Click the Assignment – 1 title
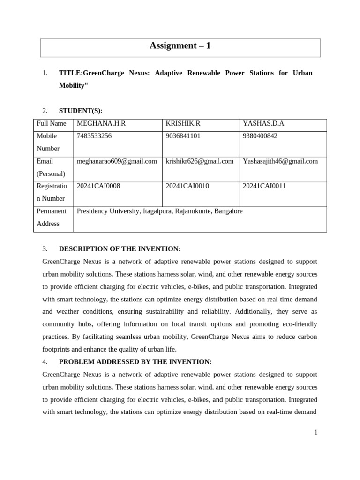pyautogui.click(x=180, y=46)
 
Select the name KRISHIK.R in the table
pyautogui.click(x=183, y=124)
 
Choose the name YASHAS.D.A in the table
pyautogui.click(x=263, y=124)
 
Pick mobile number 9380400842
pyautogui.click(x=260, y=136)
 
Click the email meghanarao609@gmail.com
pyautogui.click(x=117, y=161)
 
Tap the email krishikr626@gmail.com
pyautogui.click(x=200, y=161)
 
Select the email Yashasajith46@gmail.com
pyautogui.click(x=280, y=161)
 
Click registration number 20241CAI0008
pyautogui.click(x=98, y=186)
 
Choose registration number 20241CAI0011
pyautogui.click(x=264, y=186)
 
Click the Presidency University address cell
pyautogui.click(x=160, y=211)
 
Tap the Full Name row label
pyautogui.click(x=52, y=124)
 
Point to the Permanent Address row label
pyautogui.click(x=52, y=217)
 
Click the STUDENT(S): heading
pyautogui.click(x=81, y=111)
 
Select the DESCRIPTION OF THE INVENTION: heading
pyautogui.click(x=120, y=249)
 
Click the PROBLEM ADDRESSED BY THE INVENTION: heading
pyautogui.click(x=135, y=362)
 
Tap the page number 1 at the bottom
pyautogui.click(x=316, y=432)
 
